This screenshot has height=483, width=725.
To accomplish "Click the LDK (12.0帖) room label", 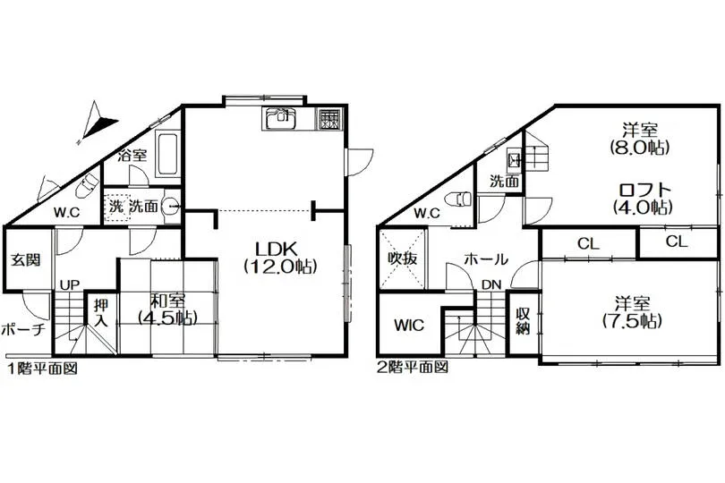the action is pos(280,257).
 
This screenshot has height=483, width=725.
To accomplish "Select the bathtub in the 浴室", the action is pos(166,154).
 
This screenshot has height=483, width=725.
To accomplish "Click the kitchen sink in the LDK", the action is pos(280,118).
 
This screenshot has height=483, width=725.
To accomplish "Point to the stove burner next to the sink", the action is pos(329,119).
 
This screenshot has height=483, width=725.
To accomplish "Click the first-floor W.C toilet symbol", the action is pos(86,185).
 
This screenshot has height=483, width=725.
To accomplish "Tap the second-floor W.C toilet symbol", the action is pos(456,199).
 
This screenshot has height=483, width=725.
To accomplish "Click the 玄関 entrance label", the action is pos(25,259).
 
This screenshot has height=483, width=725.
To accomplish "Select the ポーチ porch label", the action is pos(23,329).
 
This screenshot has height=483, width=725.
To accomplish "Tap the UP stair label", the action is pos(70,284).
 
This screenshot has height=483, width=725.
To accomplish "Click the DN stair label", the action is pos(491,284).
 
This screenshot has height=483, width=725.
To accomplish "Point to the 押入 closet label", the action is pos(101,312).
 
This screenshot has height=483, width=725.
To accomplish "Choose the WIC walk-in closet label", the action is pos(409,325).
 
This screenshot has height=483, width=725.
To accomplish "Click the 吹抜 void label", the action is pos(402,258).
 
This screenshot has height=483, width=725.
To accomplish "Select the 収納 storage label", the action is pos(523,322).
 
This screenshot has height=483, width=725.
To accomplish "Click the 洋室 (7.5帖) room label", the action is pos(632,312).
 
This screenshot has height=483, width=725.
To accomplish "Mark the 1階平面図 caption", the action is pos(42,369).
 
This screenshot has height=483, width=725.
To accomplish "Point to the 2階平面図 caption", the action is pos(413,368).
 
